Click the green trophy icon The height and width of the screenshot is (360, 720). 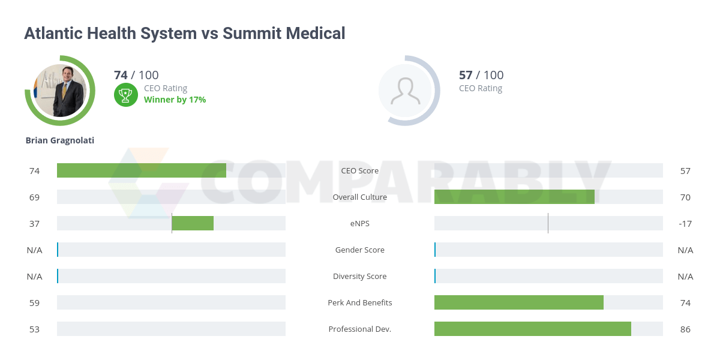(x=125, y=94)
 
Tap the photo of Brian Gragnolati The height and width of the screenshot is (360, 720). (x=60, y=91)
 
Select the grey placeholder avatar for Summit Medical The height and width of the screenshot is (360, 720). (x=405, y=91)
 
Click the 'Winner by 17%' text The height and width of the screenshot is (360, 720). (x=175, y=100)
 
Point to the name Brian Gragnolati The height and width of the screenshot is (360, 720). (x=60, y=140)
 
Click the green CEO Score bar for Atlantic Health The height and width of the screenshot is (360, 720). (x=142, y=170)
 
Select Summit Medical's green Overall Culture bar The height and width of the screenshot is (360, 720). (x=514, y=197)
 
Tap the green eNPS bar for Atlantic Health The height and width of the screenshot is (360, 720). (x=193, y=223)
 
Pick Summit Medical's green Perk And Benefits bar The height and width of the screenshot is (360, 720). (x=519, y=302)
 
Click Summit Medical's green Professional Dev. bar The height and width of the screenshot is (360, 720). (x=533, y=329)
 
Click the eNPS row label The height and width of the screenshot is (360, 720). (x=360, y=223)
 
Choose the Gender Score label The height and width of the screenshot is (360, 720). (x=360, y=250)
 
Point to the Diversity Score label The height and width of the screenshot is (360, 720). (x=360, y=276)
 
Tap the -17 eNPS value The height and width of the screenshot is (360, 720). (x=685, y=223)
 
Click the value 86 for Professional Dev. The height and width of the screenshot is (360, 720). (x=685, y=329)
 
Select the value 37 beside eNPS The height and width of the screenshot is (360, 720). (x=34, y=223)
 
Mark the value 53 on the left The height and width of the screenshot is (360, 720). (x=34, y=329)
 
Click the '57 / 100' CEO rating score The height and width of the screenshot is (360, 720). (x=481, y=75)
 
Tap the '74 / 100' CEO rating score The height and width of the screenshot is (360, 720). (x=136, y=75)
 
